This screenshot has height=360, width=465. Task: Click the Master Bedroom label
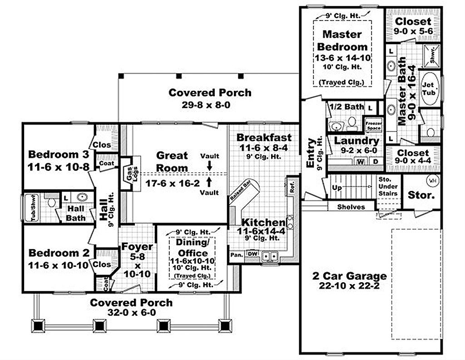coord(342,40)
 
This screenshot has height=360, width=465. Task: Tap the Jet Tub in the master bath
coord(428,89)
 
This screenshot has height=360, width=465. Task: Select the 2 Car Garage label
coord(349,276)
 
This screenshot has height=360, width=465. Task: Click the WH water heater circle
coord(431,180)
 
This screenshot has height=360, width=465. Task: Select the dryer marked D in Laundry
coord(376,161)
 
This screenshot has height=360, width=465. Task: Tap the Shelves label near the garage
coord(351,207)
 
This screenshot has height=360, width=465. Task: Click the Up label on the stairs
coord(337,187)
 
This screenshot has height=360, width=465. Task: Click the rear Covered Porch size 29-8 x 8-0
coord(209,103)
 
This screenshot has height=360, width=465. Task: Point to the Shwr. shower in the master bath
coord(433,54)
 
